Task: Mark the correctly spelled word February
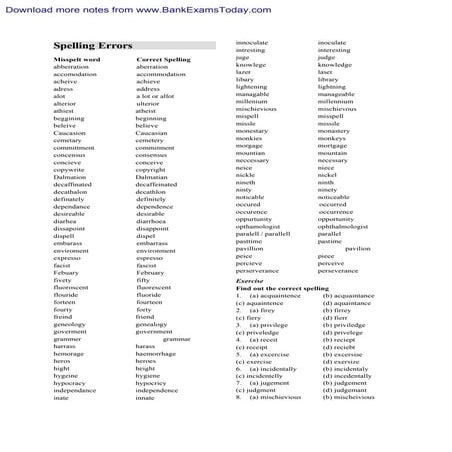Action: (x=151, y=272)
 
